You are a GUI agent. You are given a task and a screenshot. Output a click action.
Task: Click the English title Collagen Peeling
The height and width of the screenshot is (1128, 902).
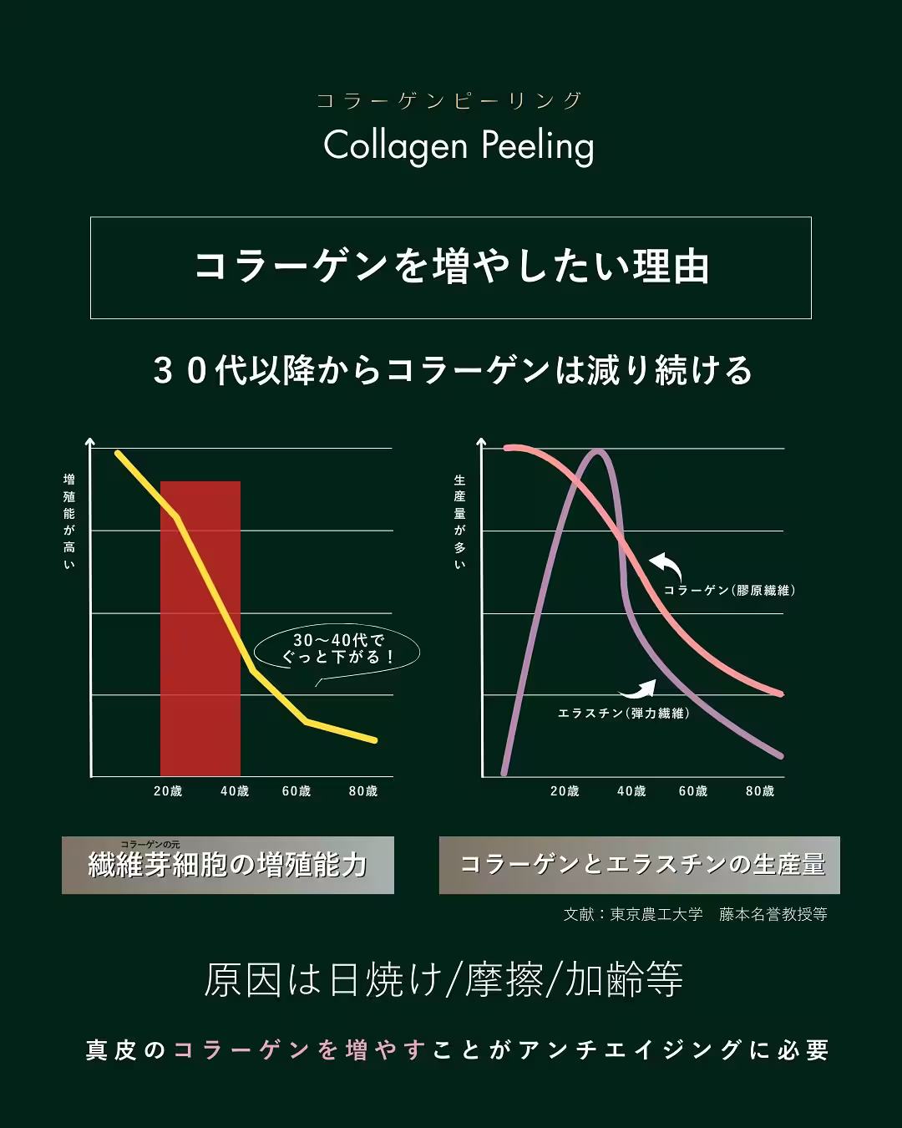[459, 145]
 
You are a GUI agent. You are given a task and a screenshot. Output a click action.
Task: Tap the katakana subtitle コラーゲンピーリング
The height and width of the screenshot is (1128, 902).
[449, 101]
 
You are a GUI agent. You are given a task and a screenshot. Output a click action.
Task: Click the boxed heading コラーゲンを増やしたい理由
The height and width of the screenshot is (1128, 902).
[451, 267]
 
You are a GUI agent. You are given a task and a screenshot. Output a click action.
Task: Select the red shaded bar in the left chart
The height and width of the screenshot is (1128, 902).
[200, 627]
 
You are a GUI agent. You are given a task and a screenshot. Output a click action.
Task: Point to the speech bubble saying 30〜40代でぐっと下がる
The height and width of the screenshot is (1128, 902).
[336, 649]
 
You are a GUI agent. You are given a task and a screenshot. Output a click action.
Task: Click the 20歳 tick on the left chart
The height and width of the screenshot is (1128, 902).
[168, 791]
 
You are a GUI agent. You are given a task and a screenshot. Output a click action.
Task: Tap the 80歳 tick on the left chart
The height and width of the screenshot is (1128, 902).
[363, 791]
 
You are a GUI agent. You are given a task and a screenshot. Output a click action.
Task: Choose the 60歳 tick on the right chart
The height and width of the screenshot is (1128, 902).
[693, 791]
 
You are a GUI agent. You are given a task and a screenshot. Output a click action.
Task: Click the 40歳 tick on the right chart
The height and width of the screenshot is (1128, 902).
[631, 791]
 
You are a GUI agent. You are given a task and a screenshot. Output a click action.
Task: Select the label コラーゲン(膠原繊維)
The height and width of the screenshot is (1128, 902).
[728, 591]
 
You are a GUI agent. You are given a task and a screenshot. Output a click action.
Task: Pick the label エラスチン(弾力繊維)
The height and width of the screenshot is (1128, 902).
[623, 714]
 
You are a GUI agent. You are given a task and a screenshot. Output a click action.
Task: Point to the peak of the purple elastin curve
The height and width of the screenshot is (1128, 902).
[598, 453]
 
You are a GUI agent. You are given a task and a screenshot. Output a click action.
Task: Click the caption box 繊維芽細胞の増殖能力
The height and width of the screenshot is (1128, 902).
[228, 865]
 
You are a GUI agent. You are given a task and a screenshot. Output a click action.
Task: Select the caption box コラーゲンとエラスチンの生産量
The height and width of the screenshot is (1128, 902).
[640, 865]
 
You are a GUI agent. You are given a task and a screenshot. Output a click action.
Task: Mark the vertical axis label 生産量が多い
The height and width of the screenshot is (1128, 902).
[459, 522]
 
